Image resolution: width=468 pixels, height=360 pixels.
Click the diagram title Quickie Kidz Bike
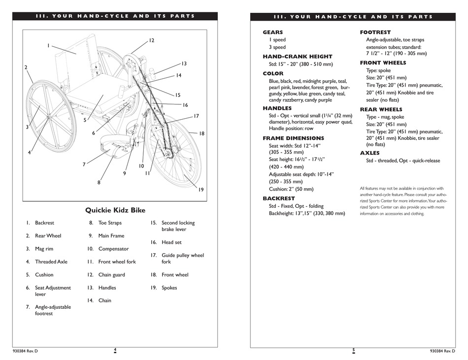(115, 210)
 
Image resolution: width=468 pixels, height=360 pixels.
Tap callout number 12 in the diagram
(151, 40)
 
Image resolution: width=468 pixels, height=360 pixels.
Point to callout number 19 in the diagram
(201, 190)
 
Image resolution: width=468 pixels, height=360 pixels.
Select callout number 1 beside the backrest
(48, 46)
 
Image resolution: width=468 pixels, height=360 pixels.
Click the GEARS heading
(272, 33)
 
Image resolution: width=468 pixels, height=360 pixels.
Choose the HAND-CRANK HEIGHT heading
(297, 57)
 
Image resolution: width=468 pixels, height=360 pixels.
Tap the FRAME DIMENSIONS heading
(293, 138)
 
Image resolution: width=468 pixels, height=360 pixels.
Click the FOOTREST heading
(375, 33)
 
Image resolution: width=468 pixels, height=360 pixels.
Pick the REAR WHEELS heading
(381, 109)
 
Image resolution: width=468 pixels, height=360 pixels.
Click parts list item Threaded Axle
(51, 262)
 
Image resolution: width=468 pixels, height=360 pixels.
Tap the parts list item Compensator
(113, 249)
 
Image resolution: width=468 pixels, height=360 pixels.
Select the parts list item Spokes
(169, 288)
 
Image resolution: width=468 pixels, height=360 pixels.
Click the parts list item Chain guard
(112, 275)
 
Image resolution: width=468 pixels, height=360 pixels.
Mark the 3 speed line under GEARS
(277, 47)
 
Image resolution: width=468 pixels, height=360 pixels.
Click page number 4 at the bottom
(115, 350)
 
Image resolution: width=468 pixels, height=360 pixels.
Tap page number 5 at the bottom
(353, 350)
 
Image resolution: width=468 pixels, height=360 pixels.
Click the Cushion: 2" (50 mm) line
(291, 189)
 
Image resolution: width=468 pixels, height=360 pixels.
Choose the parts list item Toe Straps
(110, 223)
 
